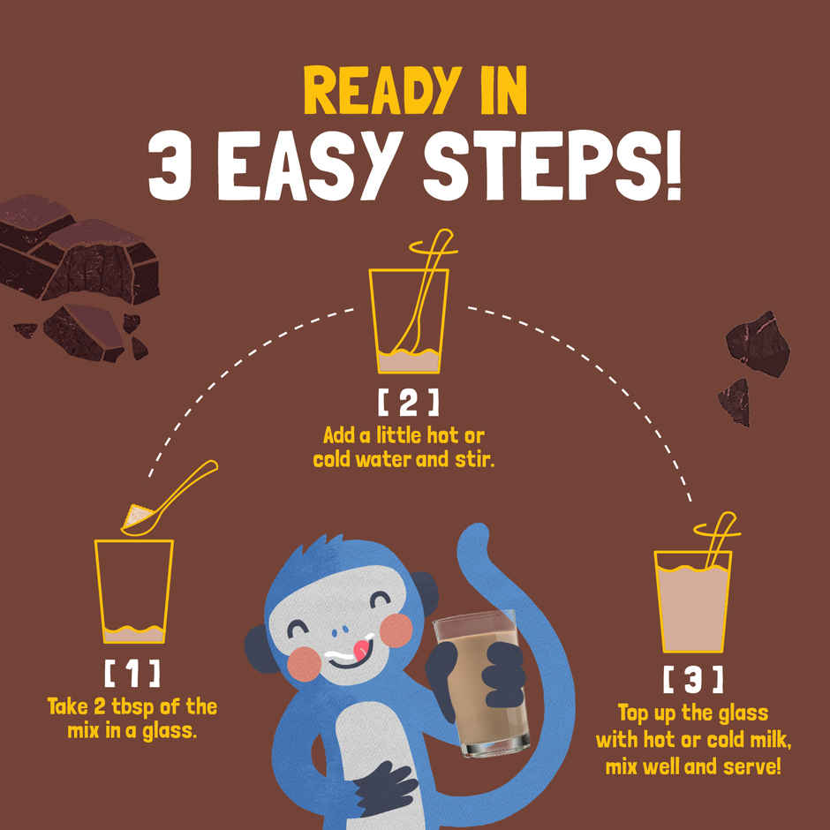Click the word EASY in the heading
313,165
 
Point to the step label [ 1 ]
132,674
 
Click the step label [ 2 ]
408,403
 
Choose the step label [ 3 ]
693,679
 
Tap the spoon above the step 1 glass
170,499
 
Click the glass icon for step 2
409,321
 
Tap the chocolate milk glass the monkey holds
482,683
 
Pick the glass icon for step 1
134,592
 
